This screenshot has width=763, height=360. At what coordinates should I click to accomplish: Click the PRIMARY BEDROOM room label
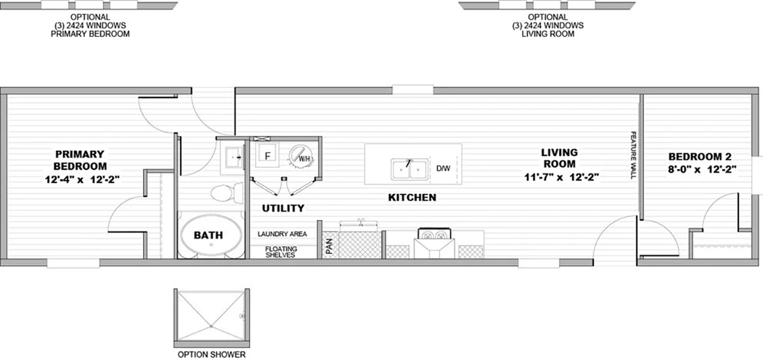pyautogui.click(x=80, y=160)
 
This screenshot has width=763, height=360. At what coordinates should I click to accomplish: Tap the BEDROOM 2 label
pyautogui.click(x=700, y=156)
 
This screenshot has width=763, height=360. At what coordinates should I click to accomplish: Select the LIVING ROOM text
pyautogui.click(x=560, y=158)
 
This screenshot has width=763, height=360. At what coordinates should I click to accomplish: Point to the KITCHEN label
pyautogui.click(x=412, y=198)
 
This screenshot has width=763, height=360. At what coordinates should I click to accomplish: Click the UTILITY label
pyautogui.click(x=283, y=208)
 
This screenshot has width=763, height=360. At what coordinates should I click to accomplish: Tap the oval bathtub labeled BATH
pyautogui.click(x=211, y=235)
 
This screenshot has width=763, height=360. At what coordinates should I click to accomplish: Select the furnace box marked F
pyautogui.click(x=268, y=155)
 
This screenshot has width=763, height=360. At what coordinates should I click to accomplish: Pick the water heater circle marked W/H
pyautogui.click(x=301, y=156)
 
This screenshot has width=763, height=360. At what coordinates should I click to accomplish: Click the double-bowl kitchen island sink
pyautogui.click(x=409, y=169)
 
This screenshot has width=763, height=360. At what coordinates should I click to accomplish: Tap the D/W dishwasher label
pyautogui.click(x=443, y=169)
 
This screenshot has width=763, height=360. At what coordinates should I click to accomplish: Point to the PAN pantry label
pyautogui.click(x=329, y=246)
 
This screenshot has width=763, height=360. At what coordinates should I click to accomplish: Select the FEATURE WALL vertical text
pyautogui.click(x=633, y=155)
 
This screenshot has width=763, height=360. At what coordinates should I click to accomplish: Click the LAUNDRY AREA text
pyautogui.click(x=282, y=234)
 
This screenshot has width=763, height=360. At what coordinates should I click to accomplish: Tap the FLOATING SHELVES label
pyautogui.click(x=281, y=252)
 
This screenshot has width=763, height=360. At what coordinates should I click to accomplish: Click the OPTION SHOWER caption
pyautogui.click(x=212, y=354)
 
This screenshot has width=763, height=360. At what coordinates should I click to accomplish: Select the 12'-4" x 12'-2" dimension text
pyautogui.click(x=83, y=179)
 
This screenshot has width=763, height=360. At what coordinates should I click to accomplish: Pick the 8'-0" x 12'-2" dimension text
pyautogui.click(x=702, y=169)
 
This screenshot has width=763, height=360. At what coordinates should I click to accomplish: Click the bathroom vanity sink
pyautogui.click(x=234, y=157)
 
